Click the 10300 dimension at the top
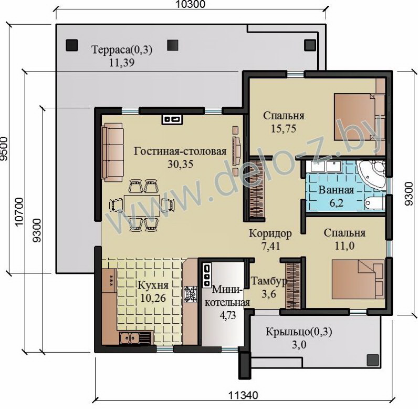[190, 4]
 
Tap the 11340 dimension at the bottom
[243, 395]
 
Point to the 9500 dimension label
[4, 149]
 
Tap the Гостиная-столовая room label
[180, 151]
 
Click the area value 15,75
[284, 129]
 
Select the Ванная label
[336, 190]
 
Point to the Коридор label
[270, 234]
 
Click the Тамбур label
[269, 281]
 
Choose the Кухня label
[153, 285]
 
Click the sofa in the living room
[114, 152]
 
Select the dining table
[142, 205]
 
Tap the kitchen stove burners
[190, 294]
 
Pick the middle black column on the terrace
[173, 45]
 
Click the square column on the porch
[373, 360]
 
